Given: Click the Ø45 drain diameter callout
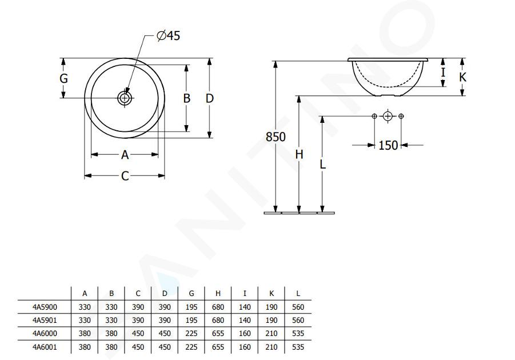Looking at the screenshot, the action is click(169, 35).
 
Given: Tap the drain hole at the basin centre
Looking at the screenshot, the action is click(125, 98).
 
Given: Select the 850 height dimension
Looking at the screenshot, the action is click(276, 137).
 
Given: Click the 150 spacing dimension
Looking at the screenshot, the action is click(388, 145).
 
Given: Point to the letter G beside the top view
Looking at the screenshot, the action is click(63, 78).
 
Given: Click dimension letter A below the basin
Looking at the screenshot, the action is click(125, 155).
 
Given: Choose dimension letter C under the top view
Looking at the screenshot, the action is click(125, 176).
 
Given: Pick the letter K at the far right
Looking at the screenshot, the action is click(462, 77).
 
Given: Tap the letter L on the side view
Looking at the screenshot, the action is click(322, 164).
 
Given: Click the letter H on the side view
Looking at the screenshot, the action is click(299, 154).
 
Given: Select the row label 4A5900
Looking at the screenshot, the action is click(45, 307).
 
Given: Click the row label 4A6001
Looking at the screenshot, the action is click(45, 347).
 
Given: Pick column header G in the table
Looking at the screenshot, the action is click(191, 293).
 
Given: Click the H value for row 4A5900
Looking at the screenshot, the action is click(218, 307).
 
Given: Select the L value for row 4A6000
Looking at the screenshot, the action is click(298, 333).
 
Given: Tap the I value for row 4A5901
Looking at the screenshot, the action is click(245, 320).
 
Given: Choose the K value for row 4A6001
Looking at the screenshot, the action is click(272, 347).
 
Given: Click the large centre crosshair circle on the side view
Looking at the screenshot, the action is click(388, 116).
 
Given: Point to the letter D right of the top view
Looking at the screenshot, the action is click(210, 98).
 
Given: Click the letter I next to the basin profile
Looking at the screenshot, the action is click(443, 72).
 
